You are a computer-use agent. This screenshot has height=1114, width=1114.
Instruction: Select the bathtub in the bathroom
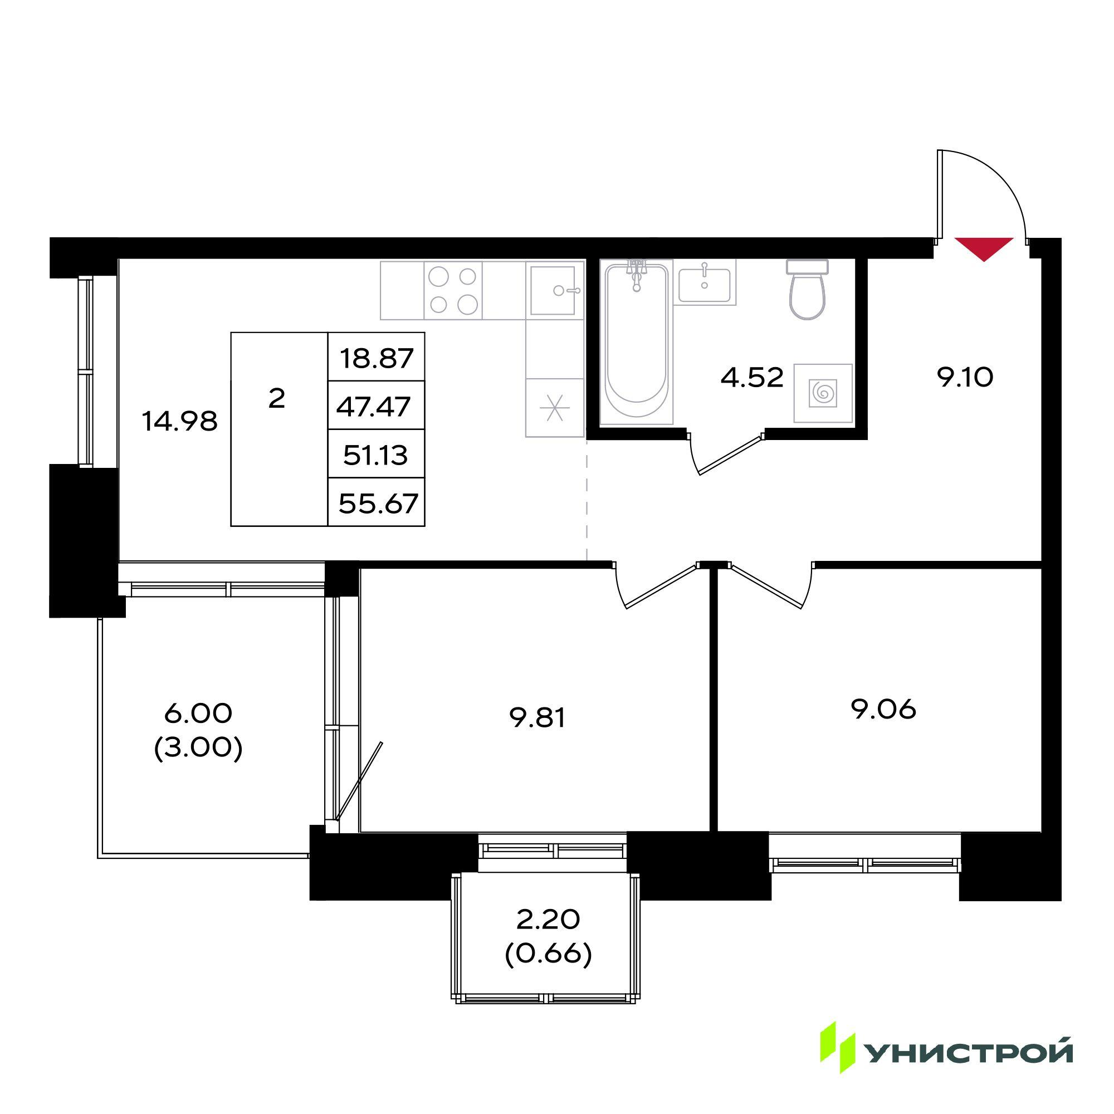click(637, 341)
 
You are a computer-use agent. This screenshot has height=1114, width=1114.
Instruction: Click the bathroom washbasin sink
click(705, 284)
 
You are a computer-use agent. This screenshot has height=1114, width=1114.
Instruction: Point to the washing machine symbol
click(823, 393)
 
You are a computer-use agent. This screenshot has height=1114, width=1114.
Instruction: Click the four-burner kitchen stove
click(453, 290)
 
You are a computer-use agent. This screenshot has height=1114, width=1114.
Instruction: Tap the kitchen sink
click(554, 290)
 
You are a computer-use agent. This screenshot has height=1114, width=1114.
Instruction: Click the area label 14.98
click(180, 422)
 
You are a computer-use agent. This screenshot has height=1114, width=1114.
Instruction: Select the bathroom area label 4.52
click(753, 378)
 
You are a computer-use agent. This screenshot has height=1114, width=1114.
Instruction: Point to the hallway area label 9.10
click(965, 378)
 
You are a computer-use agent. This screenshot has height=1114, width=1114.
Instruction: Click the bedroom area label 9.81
click(538, 719)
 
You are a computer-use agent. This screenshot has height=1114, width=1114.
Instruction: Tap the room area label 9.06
click(883, 709)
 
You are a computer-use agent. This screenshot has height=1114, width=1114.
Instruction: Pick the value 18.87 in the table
click(377, 358)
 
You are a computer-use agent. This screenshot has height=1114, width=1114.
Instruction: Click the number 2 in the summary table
click(277, 398)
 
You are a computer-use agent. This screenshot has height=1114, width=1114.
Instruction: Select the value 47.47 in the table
click(373, 407)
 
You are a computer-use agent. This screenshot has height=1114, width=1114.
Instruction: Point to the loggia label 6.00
click(198, 714)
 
